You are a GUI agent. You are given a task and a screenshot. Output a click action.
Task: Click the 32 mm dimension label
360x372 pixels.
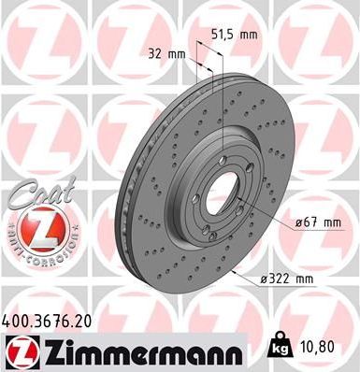(168, 53)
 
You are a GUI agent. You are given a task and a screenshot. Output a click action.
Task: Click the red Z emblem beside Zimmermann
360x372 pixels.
(18, 352)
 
